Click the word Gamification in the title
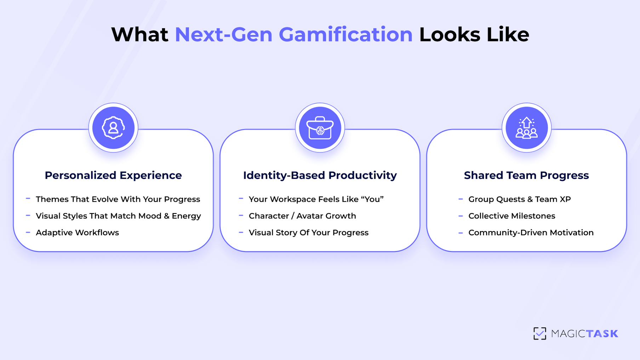[345, 35]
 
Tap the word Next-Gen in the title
[223, 35]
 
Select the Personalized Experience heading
[113, 175]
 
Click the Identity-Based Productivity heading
[320, 175]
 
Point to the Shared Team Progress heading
[526, 175]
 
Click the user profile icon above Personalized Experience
[113, 128]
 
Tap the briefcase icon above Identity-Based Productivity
[320, 128]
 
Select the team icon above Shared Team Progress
[526, 128]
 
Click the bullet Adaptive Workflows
[77, 233]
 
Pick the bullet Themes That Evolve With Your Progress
[118, 199]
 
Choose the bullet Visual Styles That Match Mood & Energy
[118, 216]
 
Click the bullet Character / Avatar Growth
[302, 216]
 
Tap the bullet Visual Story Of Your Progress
[309, 233]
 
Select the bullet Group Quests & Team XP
[519, 199]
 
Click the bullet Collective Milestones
[512, 216]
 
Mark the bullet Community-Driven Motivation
[531, 233]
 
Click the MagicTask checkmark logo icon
[540, 333]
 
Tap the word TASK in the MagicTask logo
[602, 334]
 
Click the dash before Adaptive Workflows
[28, 233]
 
